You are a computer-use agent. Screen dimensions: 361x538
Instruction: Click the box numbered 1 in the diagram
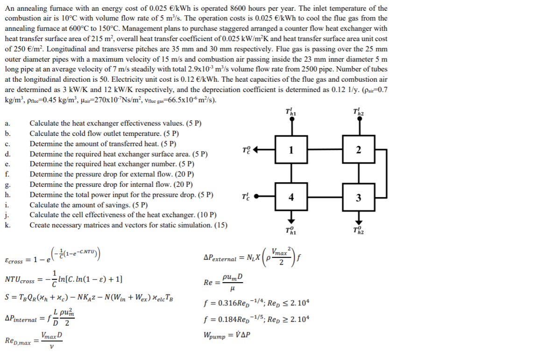point(291,150)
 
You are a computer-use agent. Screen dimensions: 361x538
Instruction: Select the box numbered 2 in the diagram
point(358,150)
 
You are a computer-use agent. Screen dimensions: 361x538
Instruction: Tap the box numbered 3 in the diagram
point(358,197)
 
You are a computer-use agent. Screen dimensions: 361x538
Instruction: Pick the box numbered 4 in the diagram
point(291,197)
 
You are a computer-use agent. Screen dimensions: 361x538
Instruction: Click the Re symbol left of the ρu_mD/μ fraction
point(208,283)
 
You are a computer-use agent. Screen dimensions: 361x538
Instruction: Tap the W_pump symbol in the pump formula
point(215,335)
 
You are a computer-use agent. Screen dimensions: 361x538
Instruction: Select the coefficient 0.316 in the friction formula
point(223,304)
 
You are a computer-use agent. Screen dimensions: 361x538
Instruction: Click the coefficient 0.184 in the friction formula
point(223,319)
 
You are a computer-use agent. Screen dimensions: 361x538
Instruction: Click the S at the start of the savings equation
point(7,297)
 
